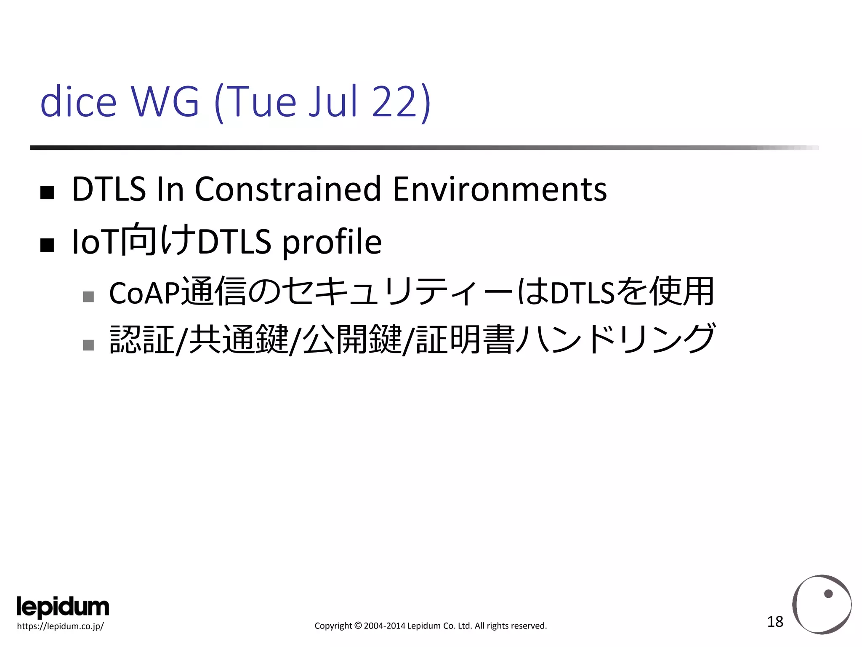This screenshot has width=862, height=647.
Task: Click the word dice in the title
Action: click(x=78, y=102)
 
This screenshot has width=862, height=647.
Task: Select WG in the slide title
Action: click(x=165, y=102)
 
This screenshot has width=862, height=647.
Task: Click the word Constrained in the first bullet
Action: click(x=288, y=190)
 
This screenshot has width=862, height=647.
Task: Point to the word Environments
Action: click(x=500, y=190)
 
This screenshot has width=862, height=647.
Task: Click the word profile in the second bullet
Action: click(x=332, y=242)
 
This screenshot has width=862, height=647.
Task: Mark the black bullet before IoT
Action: click(x=47, y=245)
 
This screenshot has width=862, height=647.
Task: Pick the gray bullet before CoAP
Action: click(x=88, y=297)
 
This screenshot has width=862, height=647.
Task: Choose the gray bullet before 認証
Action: click(x=88, y=345)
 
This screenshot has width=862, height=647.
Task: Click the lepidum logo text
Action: click(x=63, y=607)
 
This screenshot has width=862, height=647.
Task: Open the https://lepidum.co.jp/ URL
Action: click(x=60, y=626)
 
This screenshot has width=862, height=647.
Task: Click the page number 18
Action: click(x=775, y=622)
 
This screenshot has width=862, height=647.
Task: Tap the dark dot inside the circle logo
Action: click(x=828, y=594)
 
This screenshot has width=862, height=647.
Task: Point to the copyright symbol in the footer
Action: click(x=358, y=626)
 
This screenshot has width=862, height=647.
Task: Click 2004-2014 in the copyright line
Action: click(x=384, y=626)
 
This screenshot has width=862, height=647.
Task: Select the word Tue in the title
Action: click(x=263, y=102)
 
